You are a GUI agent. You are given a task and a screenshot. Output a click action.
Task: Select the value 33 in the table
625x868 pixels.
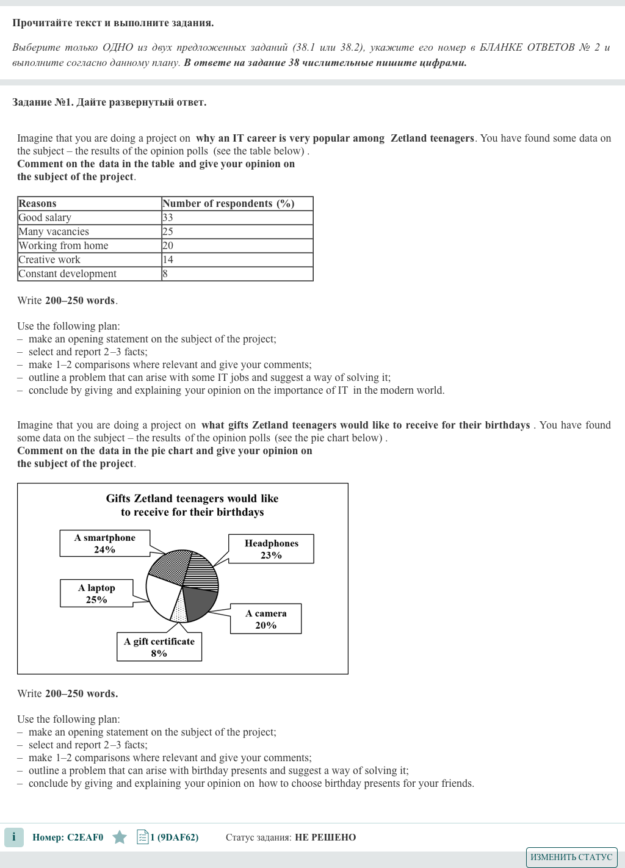click(x=168, y=218)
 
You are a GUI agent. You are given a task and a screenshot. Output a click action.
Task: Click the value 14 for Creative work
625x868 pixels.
click(x=168, y=260)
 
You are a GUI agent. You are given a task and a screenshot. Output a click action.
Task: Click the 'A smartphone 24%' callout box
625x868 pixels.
click(x=104, y=543)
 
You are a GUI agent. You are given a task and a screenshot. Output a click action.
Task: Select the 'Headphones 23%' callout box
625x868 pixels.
click(x=271, y=549)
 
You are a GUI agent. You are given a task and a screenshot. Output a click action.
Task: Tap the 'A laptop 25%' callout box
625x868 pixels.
click(x=96, y=593)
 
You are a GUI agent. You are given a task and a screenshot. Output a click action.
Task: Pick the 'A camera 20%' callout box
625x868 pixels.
click(x=266, y=619)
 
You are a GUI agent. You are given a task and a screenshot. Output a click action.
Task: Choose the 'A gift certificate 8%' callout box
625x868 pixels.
click(x=159, y=647)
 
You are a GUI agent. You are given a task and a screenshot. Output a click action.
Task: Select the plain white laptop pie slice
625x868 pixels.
click(x=161, y=595)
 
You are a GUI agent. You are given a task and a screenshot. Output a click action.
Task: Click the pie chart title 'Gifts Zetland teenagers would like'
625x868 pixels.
click(x=192, y=499)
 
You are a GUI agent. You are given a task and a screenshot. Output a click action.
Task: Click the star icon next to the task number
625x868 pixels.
click(x=120, y=837)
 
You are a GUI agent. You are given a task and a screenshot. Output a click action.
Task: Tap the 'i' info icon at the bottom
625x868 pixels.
click(x=14, y=837)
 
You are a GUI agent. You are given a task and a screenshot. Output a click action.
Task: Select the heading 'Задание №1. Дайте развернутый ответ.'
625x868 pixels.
click(x=109, y=103)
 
